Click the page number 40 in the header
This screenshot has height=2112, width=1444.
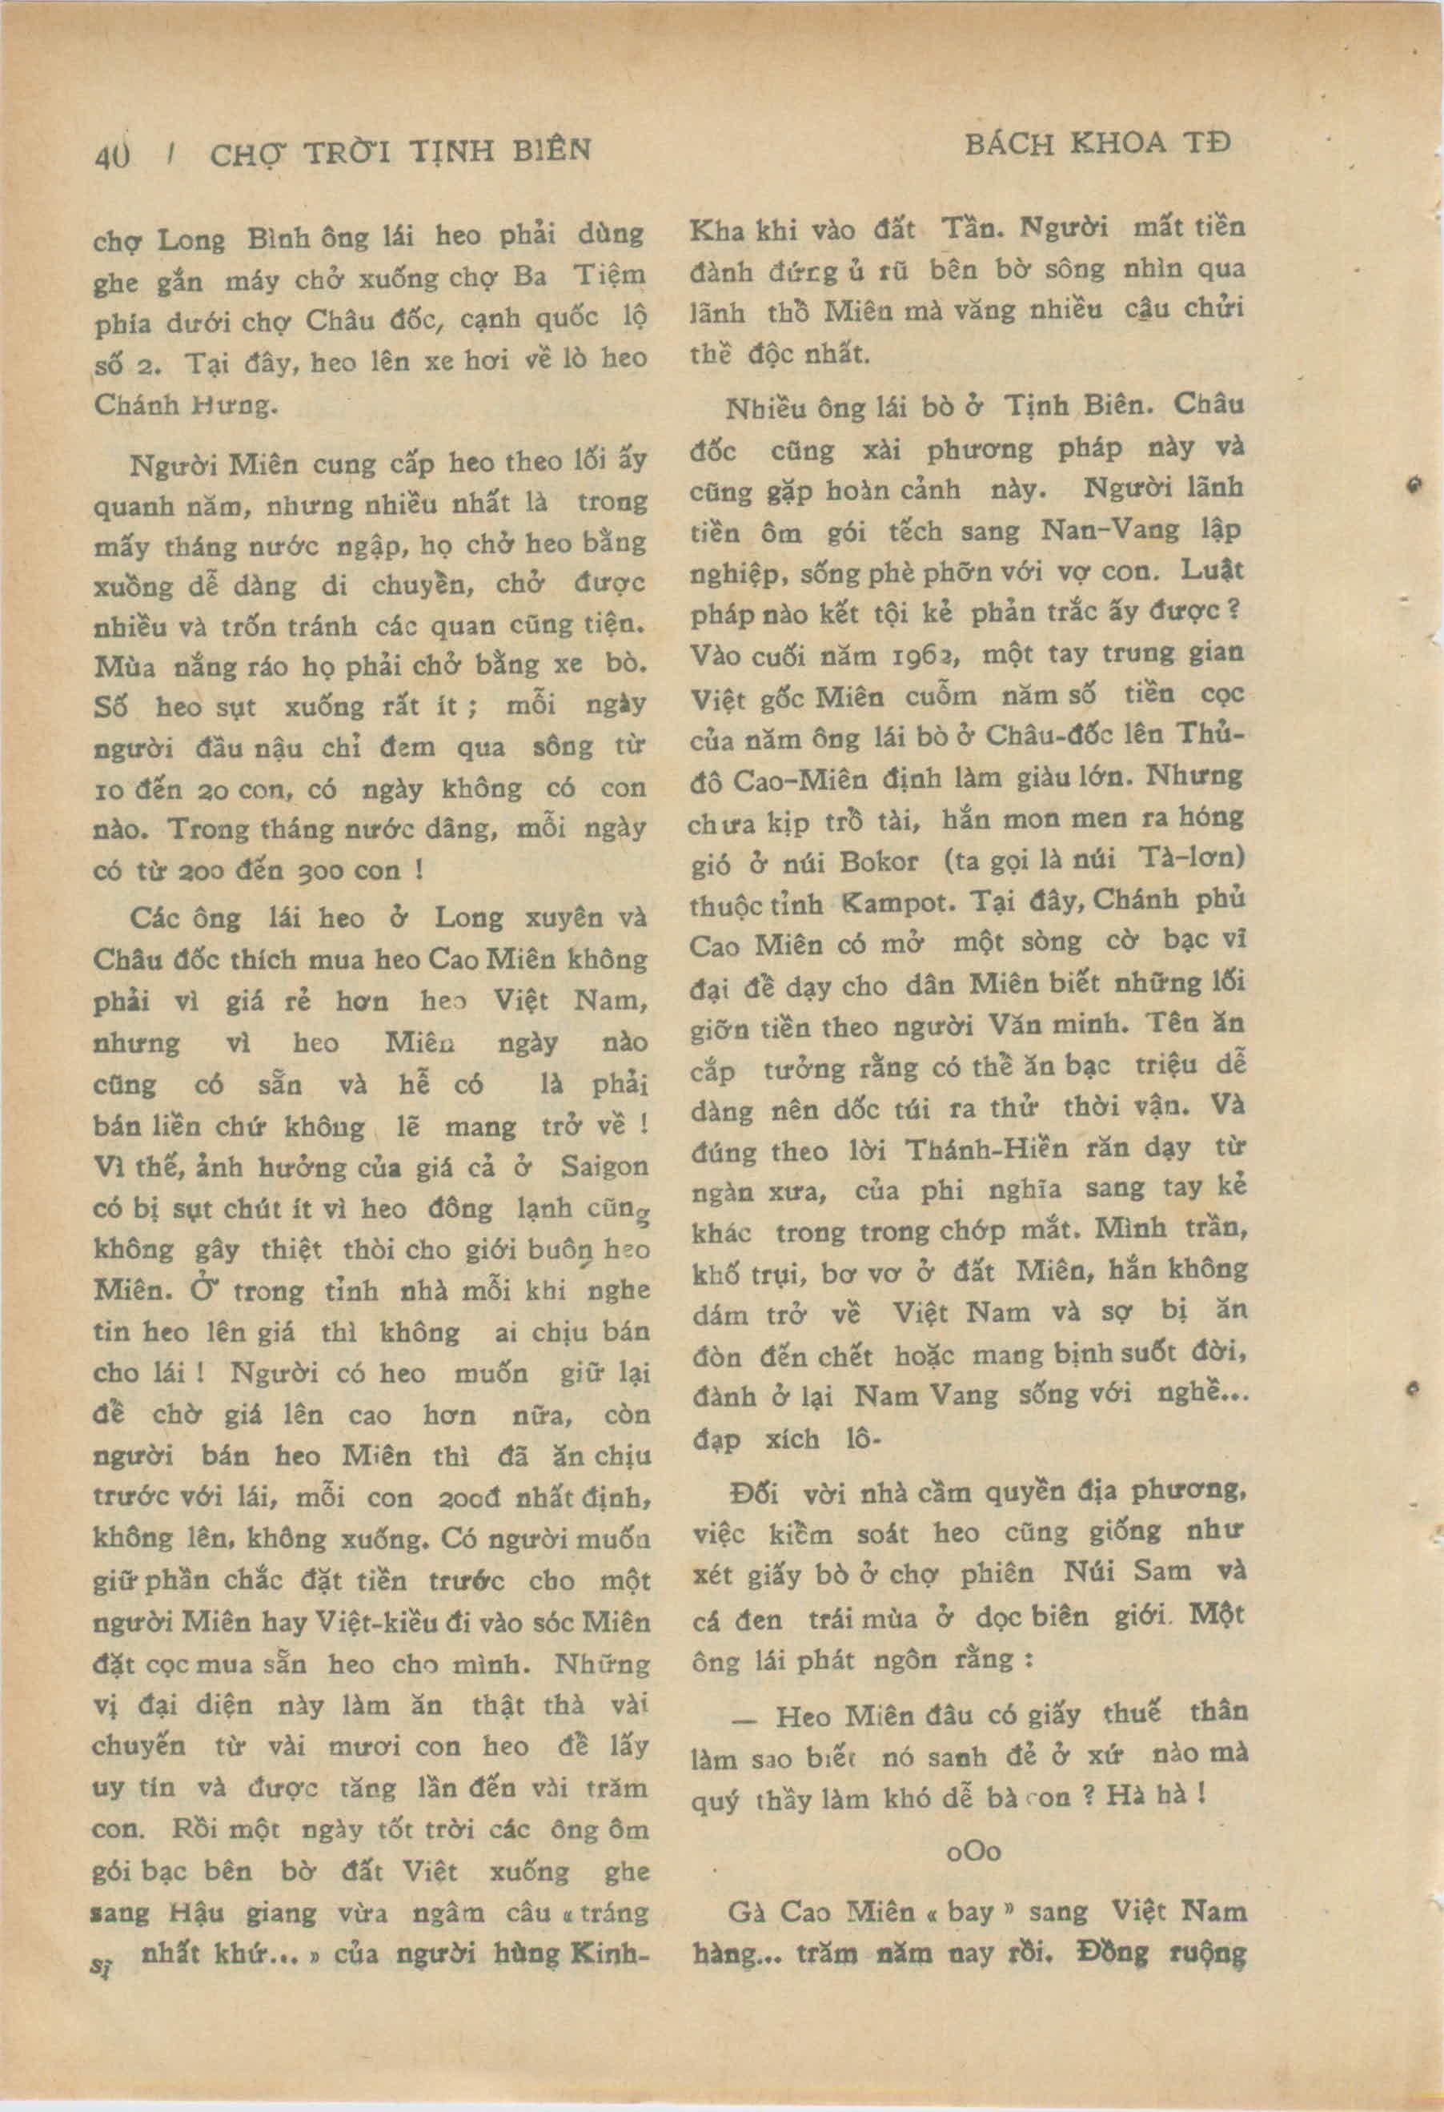(113, 155)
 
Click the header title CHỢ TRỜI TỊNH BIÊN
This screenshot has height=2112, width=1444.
(400, 151)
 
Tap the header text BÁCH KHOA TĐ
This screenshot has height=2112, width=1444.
(1097, 144)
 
